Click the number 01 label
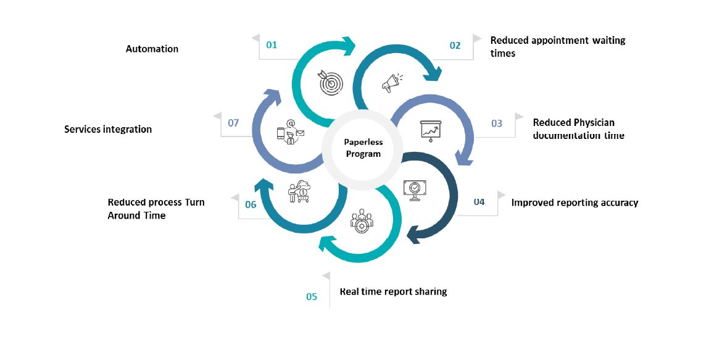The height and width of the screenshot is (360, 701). (272, 44)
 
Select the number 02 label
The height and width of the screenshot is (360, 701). (455, 45)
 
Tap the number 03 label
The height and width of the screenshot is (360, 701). (497, 123)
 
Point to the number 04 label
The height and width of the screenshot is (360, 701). (479, 202)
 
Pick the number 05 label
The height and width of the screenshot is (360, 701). (312, 297)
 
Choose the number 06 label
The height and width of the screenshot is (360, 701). (251, 204)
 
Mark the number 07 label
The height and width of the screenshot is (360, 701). (233, 123)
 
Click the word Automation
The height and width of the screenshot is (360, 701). (152, 49)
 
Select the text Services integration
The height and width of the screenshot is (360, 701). (108, 129)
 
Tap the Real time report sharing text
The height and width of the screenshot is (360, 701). (393, 291)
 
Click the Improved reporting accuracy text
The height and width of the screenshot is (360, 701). (574, 203)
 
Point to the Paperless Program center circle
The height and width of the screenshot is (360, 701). (363, 148)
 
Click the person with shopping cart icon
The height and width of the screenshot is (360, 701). (300, 191)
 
